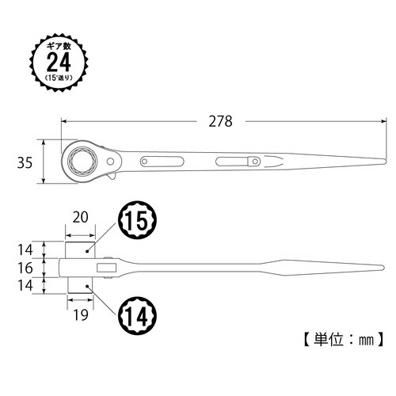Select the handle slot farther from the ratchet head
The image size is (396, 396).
pyautogui.click(x=235, y=162)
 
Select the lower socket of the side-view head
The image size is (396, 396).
pyautogui.click(x=78, y=284)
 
